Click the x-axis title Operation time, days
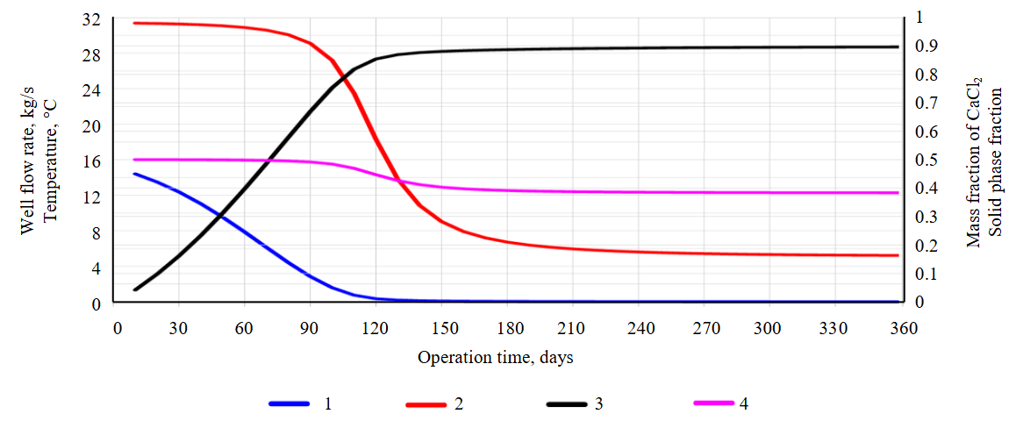click(496, 358)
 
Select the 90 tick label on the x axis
click(310, 329)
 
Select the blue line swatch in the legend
click(290, 403)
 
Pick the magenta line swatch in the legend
click(712, 403)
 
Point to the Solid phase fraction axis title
click(995, 161)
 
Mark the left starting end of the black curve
click(135, 289)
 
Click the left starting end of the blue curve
click(135, 174)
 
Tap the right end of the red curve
click(898, 255)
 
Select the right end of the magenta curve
click(898, 192)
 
